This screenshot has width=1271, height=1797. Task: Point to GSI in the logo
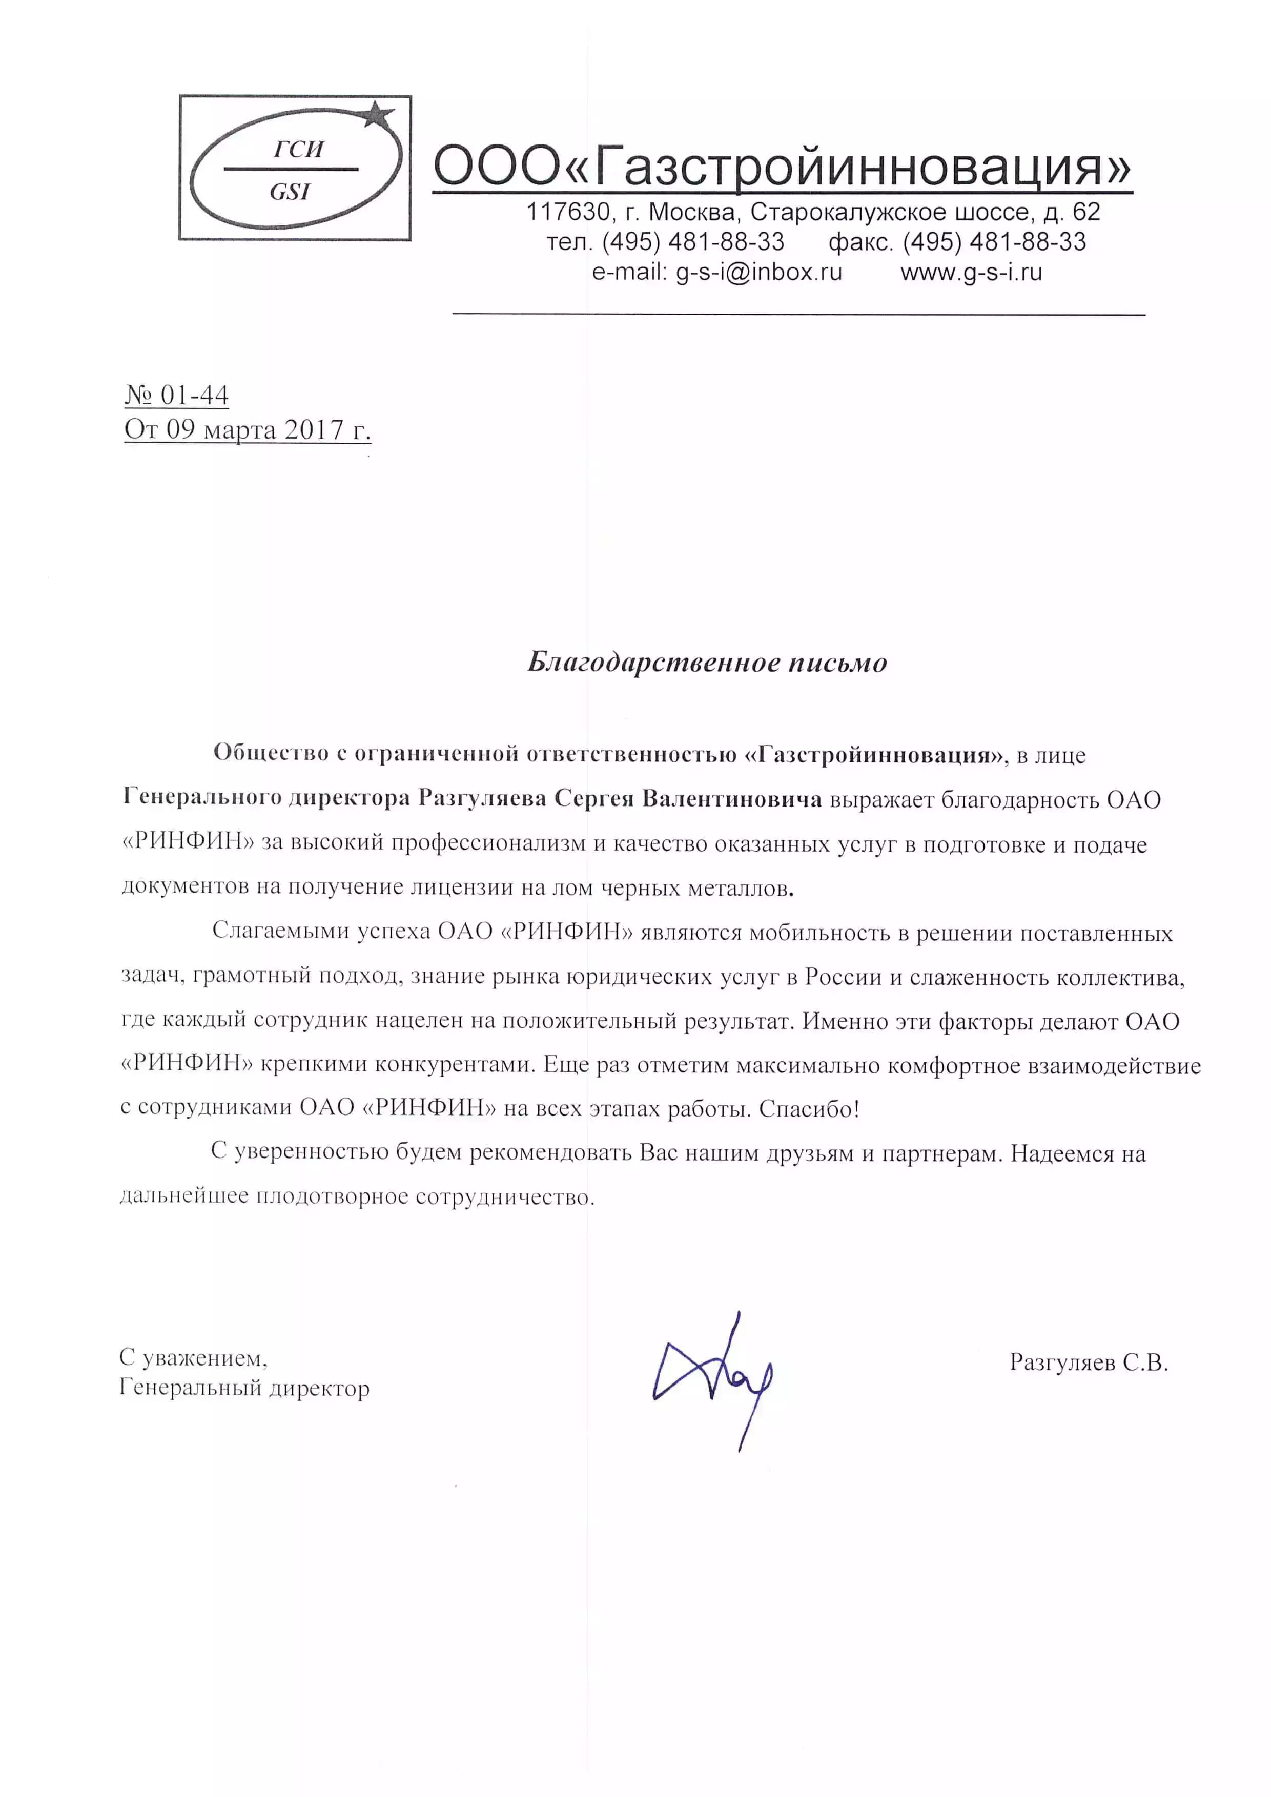click(290, 192)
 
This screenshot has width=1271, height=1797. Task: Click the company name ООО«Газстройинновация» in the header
click(782, 167)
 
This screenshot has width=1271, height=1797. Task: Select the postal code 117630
click(567, 212)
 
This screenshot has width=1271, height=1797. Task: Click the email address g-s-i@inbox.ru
click(758, 273)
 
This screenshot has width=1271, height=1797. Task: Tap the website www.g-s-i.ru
click(971, 273)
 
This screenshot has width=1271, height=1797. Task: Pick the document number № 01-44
click(177, 395)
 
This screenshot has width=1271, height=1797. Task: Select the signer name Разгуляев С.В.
click(1089, 1362)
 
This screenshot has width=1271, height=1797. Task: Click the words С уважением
click(193, 1358)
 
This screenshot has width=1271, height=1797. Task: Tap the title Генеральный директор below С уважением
click(244, 1389)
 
